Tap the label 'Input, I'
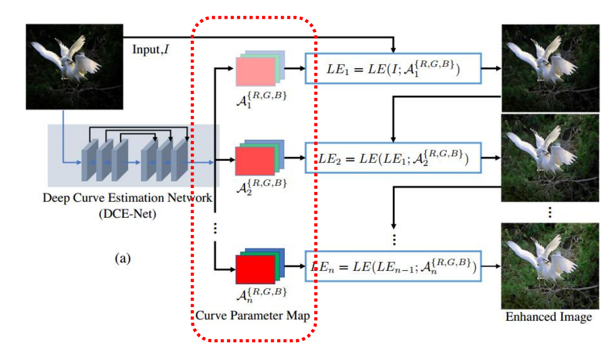point(150,49)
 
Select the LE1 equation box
point(393,69)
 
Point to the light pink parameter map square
point(255,72)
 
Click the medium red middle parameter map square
point(255,160)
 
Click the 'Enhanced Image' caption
point(548,317)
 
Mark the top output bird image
point(550,67)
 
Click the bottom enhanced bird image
point(550,265)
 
